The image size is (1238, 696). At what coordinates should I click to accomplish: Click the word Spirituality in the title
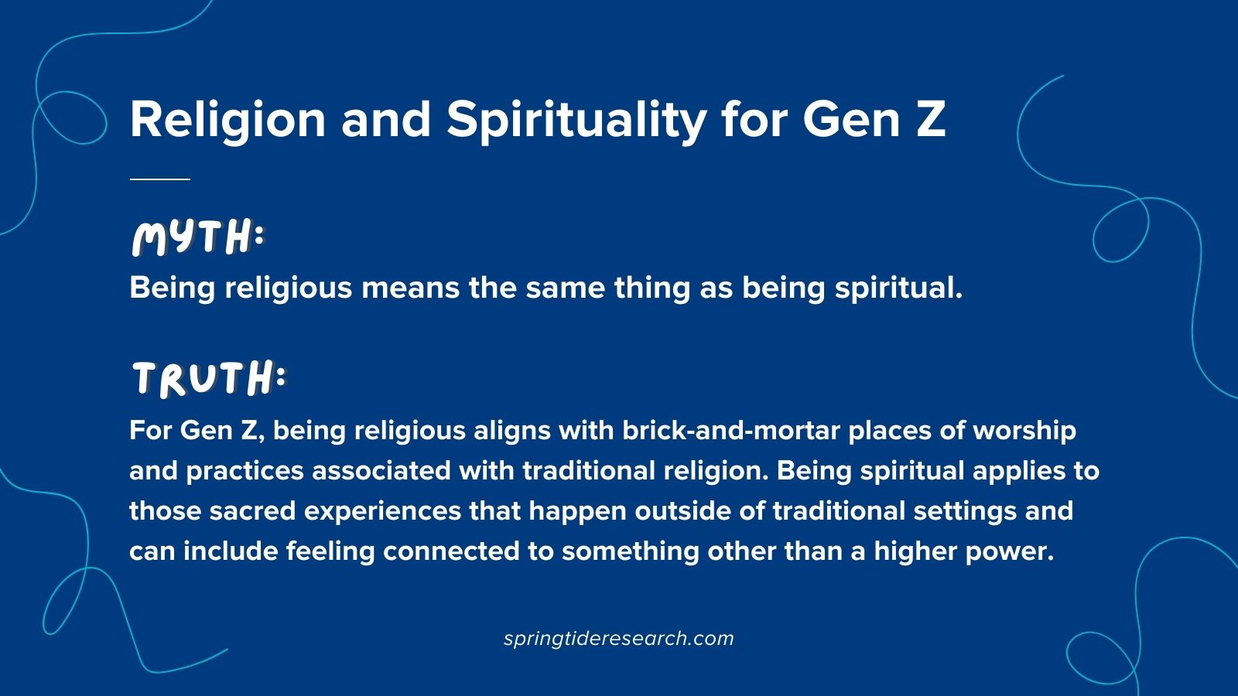576,121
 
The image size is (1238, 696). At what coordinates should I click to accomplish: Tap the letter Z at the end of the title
931,119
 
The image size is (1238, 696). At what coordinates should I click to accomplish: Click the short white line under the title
159,179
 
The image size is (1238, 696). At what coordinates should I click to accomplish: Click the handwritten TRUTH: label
209,378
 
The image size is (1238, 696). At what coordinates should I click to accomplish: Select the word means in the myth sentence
410,288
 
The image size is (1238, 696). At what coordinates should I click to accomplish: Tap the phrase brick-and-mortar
731,431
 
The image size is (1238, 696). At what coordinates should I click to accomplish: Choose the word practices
245,472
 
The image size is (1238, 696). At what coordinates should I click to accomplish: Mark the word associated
381,471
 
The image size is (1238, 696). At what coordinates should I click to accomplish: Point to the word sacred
252,511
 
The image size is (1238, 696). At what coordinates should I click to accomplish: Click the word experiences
382,512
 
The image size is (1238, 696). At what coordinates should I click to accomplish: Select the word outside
683,511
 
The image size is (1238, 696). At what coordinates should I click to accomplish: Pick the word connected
451,551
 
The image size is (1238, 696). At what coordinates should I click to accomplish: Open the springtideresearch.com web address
618,639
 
